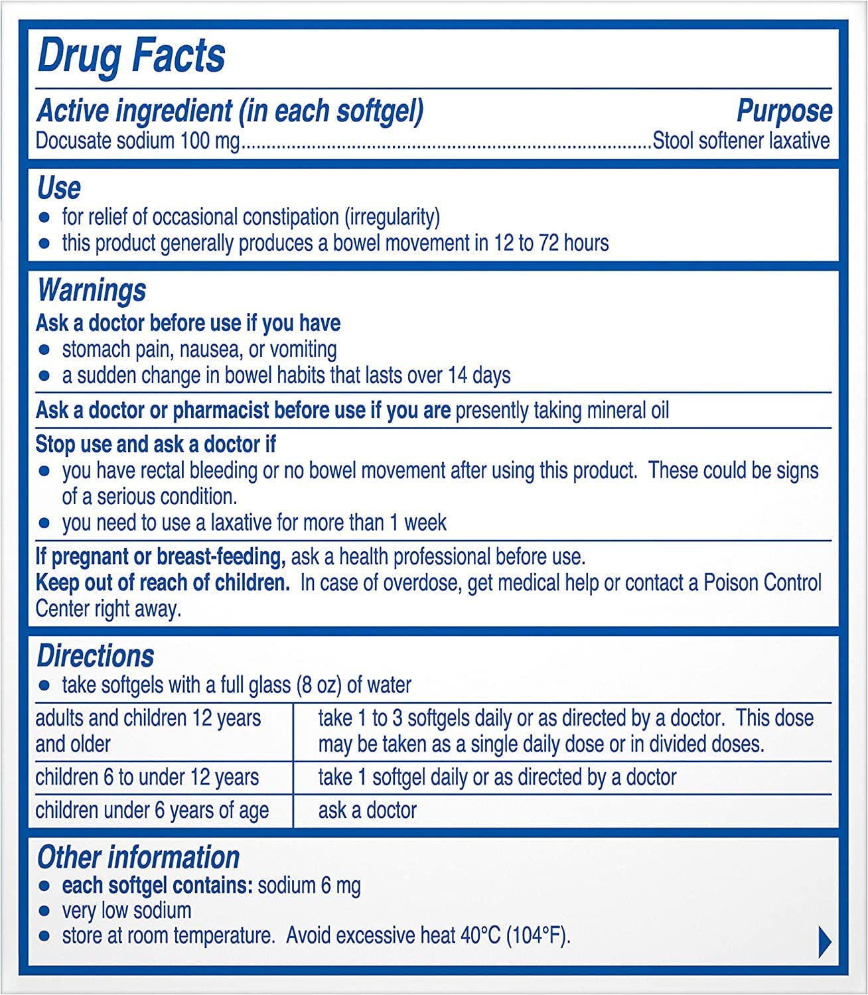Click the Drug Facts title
coord(131,56)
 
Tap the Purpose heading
coord(784,111)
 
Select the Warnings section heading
coord(92,291)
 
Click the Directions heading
coord(96,656)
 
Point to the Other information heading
coord(138,857)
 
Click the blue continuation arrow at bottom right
coord(824,941)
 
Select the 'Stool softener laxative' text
coord(741,141)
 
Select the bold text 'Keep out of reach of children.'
coord(163,583)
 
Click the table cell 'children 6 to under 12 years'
coord(147,777)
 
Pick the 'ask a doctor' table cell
coord(367,810)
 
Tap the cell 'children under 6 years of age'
coord(152,810)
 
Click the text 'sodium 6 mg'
coord(309,886)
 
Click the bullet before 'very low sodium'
coord(44,911)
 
